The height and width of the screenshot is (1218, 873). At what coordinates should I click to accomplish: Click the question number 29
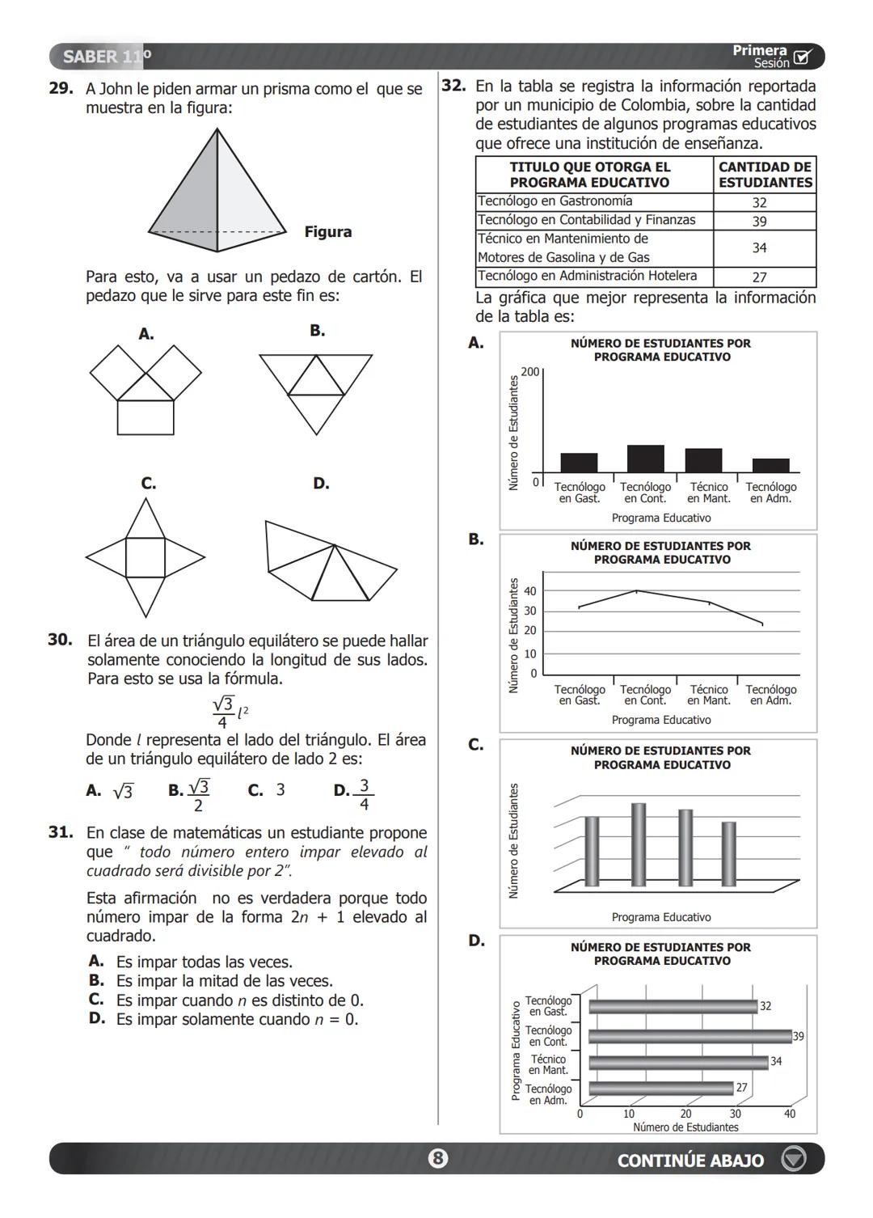click(x=61, y=89)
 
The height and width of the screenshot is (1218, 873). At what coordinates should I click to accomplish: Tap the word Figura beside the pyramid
click(x=327, y=232)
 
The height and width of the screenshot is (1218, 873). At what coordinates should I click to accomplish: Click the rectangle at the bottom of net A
click(x=145, y=418)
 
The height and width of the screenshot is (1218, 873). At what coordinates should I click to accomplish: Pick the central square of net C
click(x=145, y=557)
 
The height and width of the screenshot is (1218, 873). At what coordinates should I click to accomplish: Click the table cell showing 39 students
click(x=759, y=221)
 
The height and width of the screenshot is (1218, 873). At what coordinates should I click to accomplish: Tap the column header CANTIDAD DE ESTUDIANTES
click(x=765, y=175)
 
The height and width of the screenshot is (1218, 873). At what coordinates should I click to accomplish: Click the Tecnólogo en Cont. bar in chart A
click(x=645, y=459)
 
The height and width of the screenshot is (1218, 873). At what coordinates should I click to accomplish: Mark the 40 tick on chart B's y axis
click(x=529, y=591)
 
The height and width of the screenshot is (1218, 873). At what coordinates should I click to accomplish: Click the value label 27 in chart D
click(x=741, y=1088)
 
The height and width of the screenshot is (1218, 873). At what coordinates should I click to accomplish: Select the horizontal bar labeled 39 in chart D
click(x=690, y=1036)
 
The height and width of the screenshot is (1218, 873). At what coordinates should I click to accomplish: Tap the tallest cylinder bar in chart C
click(x=639, y=844)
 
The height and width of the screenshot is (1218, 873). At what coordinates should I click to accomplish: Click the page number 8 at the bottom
click(x=437, y=1159)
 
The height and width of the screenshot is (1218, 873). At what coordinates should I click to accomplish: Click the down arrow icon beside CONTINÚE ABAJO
click(x=793, y=1159)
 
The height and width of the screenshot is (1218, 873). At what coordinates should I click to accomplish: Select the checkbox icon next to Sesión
click(x=802, y=57)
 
